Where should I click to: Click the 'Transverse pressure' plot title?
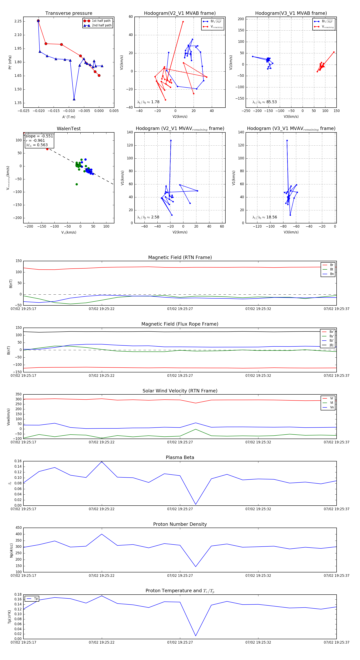(x=69, y=13)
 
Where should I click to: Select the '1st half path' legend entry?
(x=101, y=21)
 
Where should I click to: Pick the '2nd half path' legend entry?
(x=101, y=25)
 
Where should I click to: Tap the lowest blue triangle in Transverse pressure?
(x=74, y=99)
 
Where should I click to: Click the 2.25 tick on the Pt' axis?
(x=18, y=21)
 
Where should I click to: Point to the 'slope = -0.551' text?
(x=39, y=136)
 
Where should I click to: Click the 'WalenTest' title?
(x=69, y=129)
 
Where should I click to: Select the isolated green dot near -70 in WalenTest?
(x=77, y=184)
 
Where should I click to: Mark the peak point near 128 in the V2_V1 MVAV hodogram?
(x=171, y=140)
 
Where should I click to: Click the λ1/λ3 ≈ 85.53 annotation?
(x=264, y=102)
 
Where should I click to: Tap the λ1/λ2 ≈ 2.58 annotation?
(x=148, y=217)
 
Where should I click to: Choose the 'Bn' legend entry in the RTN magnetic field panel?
(x=332, y=274)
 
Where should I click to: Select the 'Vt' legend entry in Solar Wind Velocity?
(x=332, y=403)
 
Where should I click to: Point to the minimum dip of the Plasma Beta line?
(x=196, y=504)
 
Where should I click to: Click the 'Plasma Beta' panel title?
(x=180, y=457)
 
